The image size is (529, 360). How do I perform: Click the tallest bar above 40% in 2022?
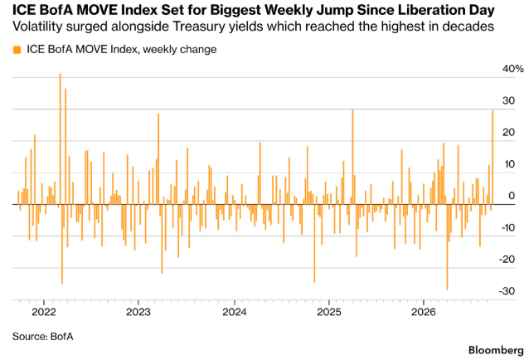60,139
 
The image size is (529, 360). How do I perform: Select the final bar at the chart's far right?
493,158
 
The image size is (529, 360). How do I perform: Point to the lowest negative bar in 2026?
448,247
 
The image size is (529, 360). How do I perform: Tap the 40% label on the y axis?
512,69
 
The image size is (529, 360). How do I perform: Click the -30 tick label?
507,291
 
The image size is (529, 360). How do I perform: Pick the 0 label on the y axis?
512,196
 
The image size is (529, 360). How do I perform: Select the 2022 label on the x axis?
44,312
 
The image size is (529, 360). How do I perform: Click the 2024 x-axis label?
235,312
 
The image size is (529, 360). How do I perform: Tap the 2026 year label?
424,312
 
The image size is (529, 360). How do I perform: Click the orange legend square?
17,50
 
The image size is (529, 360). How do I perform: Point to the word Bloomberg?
496,350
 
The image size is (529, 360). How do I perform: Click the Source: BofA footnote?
43,337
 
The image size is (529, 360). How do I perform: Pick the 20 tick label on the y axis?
509,132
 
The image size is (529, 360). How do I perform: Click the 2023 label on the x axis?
138,312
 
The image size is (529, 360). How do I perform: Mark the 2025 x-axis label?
329,312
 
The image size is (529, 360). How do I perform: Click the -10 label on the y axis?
507,227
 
